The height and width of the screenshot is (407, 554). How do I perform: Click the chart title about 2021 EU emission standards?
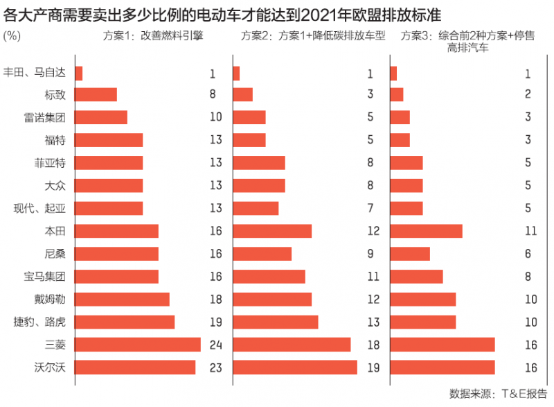click(222, 13)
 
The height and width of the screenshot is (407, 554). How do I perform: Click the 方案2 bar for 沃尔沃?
click(295, 367)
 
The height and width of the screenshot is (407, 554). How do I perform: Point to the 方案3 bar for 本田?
click(426, 231)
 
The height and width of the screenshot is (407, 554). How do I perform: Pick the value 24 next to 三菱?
click(215, 345)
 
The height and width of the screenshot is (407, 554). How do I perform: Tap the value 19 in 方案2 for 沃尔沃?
click(373, 367)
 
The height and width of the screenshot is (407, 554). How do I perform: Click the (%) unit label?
click(12, 35)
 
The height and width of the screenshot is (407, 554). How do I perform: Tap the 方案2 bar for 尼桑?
click(262, 254)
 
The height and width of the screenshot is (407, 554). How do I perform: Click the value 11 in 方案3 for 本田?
click(530, 231)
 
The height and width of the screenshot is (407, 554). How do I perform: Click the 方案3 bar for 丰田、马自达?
click(393, 72)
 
